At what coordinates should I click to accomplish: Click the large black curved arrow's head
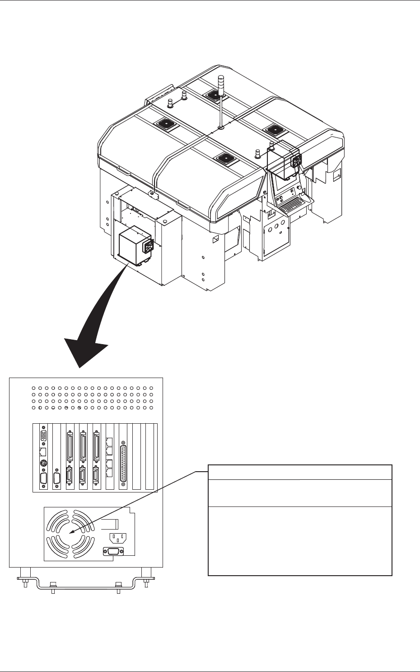click(x=86, y=353)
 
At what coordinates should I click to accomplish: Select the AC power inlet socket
click(x=117, y=538)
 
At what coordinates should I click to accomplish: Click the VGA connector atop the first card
click(x=44, y=437)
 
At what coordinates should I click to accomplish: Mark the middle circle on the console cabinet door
click(x=276, y=223)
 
